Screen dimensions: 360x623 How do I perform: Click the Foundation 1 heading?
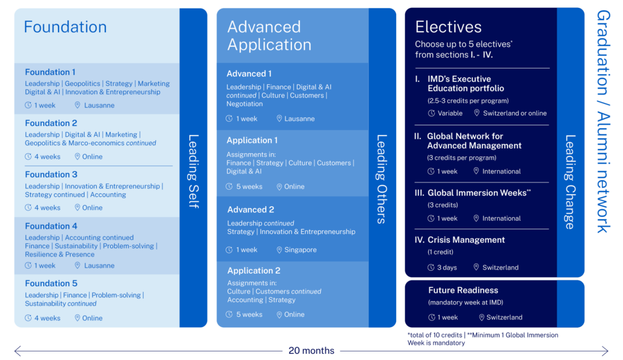[x=50, y=72]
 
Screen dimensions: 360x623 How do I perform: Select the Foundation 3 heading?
[x=51, y=175]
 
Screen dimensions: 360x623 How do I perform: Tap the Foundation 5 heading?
[x=51, y=283]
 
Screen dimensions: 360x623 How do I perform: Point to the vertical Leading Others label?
[x=382, y=179]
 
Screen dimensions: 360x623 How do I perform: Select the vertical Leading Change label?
[x=570, y=182]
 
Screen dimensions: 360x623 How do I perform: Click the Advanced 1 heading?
[x=249, y=74]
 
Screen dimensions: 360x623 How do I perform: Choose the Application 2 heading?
[x=254, y=271]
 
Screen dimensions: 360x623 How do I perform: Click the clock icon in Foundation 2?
[x=29, y=157]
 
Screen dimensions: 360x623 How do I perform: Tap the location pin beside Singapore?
[x=279, y=250]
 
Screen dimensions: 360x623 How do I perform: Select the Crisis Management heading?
[x=466, y=240]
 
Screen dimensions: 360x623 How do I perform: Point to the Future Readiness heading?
[x=463, y=291]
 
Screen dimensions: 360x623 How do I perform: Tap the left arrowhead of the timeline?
[x=17, y=351]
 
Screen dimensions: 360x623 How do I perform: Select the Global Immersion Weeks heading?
[x=478, y=193]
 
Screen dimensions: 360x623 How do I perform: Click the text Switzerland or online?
[x=515, y=113]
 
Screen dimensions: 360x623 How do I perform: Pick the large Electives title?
[x=448, y=27]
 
